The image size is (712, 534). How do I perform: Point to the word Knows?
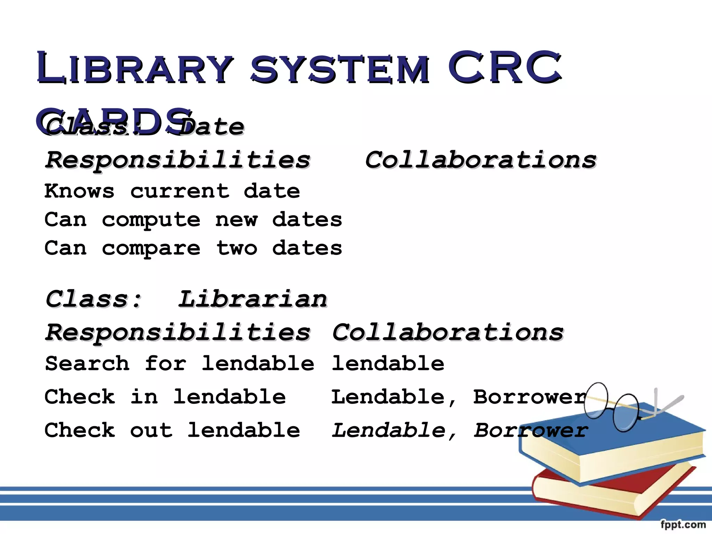point(79,191)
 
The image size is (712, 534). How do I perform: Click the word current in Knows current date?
point(179,191)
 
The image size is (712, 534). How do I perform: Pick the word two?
point(236,248)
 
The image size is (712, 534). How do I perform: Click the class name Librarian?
point(253,299)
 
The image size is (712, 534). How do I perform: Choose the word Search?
point(87,363)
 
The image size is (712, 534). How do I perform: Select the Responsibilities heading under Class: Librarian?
point(178,332)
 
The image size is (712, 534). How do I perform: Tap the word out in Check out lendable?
point(151,430)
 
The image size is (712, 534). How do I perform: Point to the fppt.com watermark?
point(683,524)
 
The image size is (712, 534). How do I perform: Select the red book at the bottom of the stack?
point(591,494)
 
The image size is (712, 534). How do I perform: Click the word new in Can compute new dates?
point(236,220)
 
